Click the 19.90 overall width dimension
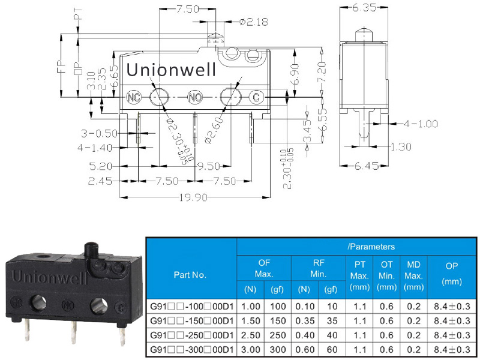pos(193,197)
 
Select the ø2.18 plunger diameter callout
pos(254,22)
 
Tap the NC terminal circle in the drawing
pos(134,97)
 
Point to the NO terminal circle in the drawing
pos(195,97)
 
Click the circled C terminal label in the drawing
pos(256,97)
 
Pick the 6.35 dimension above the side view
pos(364,8)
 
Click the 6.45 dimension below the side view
pos(367,166)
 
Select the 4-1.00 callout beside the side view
pos(421,124)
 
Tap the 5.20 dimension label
pos(101,166)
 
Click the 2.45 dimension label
pos(100,181)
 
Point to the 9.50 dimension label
pos(208,166)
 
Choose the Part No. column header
pos(190,275)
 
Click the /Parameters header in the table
pos(371,247)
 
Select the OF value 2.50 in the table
pos(250,335)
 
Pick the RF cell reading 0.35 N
pos(305,321)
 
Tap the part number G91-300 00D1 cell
pos(192,350)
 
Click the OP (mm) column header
pos(452,274)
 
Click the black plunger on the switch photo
pos(92,250)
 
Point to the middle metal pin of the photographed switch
pos(74,332)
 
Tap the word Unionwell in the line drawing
pos(171,70)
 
